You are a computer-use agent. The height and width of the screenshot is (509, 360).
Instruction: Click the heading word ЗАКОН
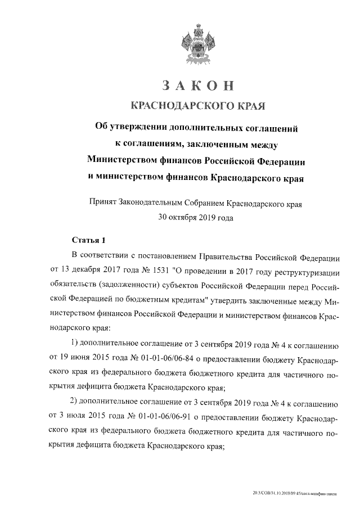coord(196,85)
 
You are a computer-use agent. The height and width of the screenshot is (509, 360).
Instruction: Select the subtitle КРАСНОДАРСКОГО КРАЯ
coord(196,105)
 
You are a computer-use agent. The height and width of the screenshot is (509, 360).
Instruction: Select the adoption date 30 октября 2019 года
coord(196,217)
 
